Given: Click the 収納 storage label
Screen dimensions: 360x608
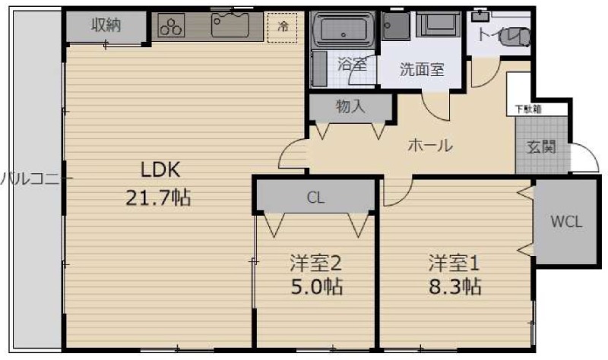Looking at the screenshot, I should (106, 25).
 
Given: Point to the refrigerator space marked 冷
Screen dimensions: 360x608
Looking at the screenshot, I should (283, 27).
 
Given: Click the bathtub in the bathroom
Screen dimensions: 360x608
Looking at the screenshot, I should (343, 30).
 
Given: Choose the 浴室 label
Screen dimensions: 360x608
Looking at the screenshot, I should (352, 65).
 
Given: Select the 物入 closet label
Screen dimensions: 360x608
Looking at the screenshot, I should (350, 107).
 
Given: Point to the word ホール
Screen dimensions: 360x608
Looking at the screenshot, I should (430, 145).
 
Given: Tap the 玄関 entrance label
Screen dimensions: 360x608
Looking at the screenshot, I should (542, 146).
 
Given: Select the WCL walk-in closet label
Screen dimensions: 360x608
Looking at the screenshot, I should (566, 222).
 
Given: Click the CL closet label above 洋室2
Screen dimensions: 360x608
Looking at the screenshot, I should (315, 199).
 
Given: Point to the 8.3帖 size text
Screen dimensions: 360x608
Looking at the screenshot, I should (453, 287).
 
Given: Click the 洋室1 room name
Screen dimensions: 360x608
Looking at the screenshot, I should (453, 263).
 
